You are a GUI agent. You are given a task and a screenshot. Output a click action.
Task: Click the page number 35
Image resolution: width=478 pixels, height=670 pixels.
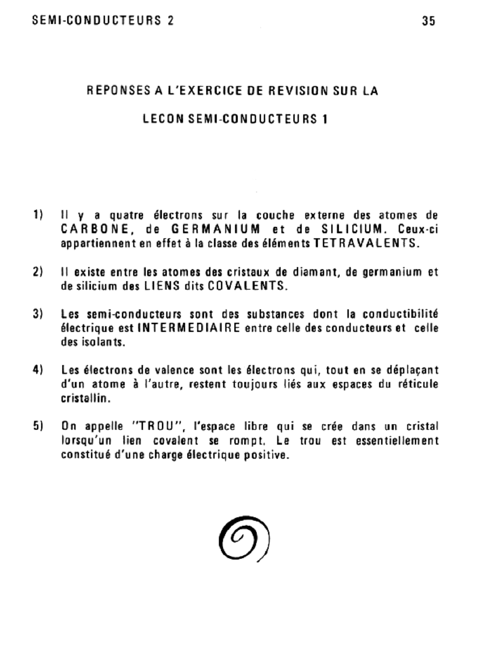pyautogui.click(x=428, y=21)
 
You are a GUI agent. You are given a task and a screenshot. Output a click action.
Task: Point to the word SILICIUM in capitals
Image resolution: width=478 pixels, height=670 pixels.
pyautogui.click(x=352, y=230)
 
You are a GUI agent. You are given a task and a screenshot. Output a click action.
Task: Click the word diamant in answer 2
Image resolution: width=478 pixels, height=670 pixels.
pyautogui.click(x=315, y=272)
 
